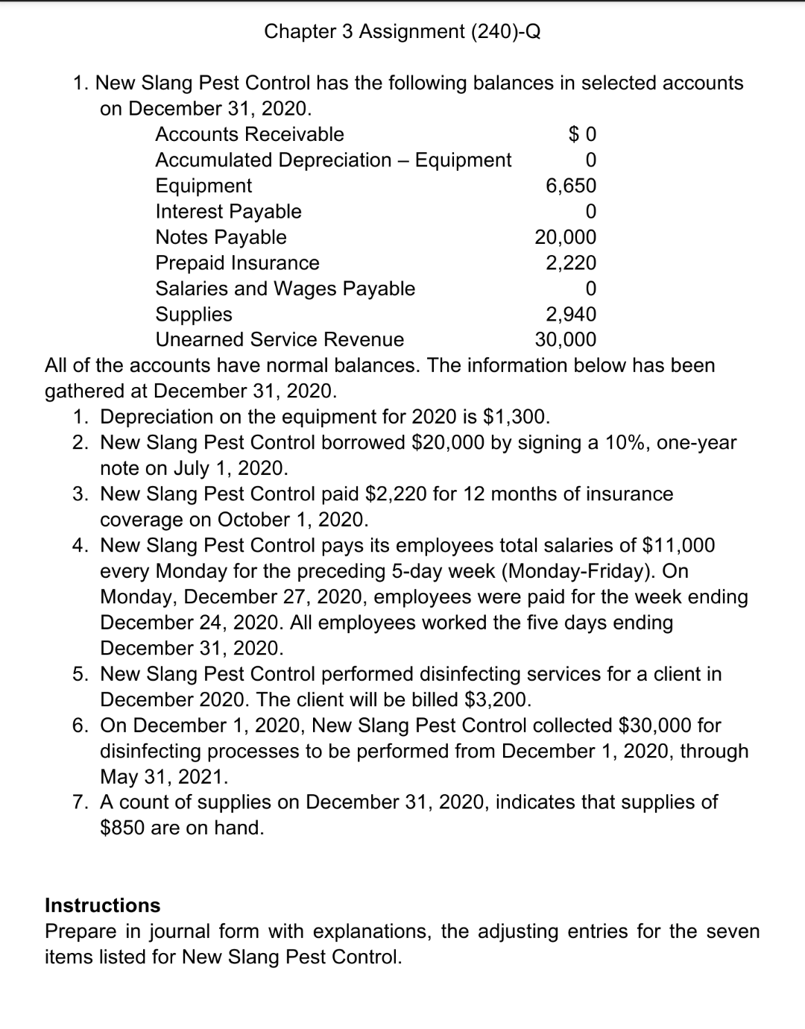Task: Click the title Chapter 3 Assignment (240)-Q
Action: click(402, 31)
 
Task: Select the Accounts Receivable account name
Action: click(250, 134)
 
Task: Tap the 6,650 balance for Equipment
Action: click(571, 186)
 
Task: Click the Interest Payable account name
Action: click(228, 212)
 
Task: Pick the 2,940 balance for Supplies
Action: click(571, 314)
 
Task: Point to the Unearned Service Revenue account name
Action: click(280, 340)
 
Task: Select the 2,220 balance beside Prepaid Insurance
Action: click(571, 262)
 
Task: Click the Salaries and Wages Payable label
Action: click(285, 289)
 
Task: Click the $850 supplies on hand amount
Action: click(122, 828)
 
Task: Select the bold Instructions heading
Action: click(103, 905)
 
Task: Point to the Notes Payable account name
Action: click(221, 237)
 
